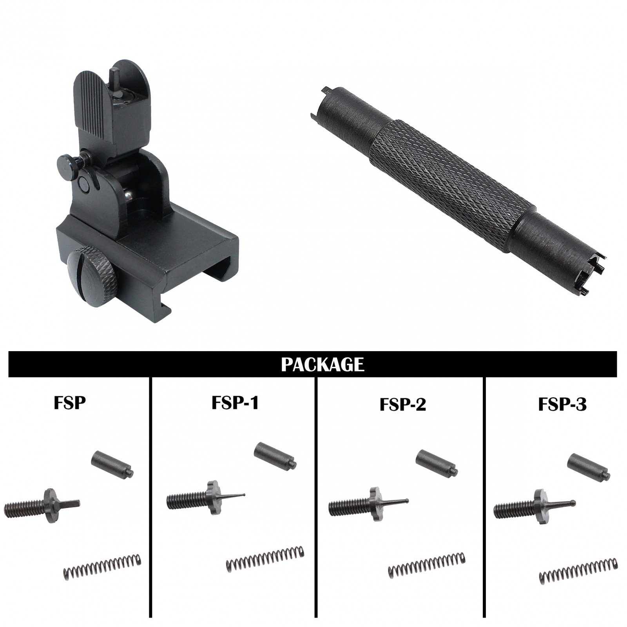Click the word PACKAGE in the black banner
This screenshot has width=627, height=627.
[x=322, y=364]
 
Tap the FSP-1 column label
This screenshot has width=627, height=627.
[x=235, y=403]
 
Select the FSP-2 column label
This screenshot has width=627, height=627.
[x=402, y=404]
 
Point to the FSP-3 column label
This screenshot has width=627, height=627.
[x=562, y=404]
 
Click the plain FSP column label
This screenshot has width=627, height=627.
[x=69, y=403]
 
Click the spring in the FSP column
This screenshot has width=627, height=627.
[x=102, y=567]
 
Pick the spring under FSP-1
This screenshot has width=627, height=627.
[x=265, y=558]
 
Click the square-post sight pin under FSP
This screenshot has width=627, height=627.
[x=43, y=506]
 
